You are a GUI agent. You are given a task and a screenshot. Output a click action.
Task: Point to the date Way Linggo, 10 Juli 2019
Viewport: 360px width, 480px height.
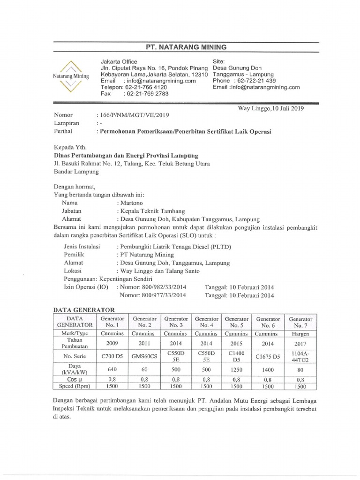tap(271, 108)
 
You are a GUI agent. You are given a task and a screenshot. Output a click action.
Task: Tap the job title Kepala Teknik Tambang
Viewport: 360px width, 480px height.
tap(150, 211)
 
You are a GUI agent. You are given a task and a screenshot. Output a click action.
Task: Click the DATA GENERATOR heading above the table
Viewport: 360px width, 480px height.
tap(80, 309)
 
